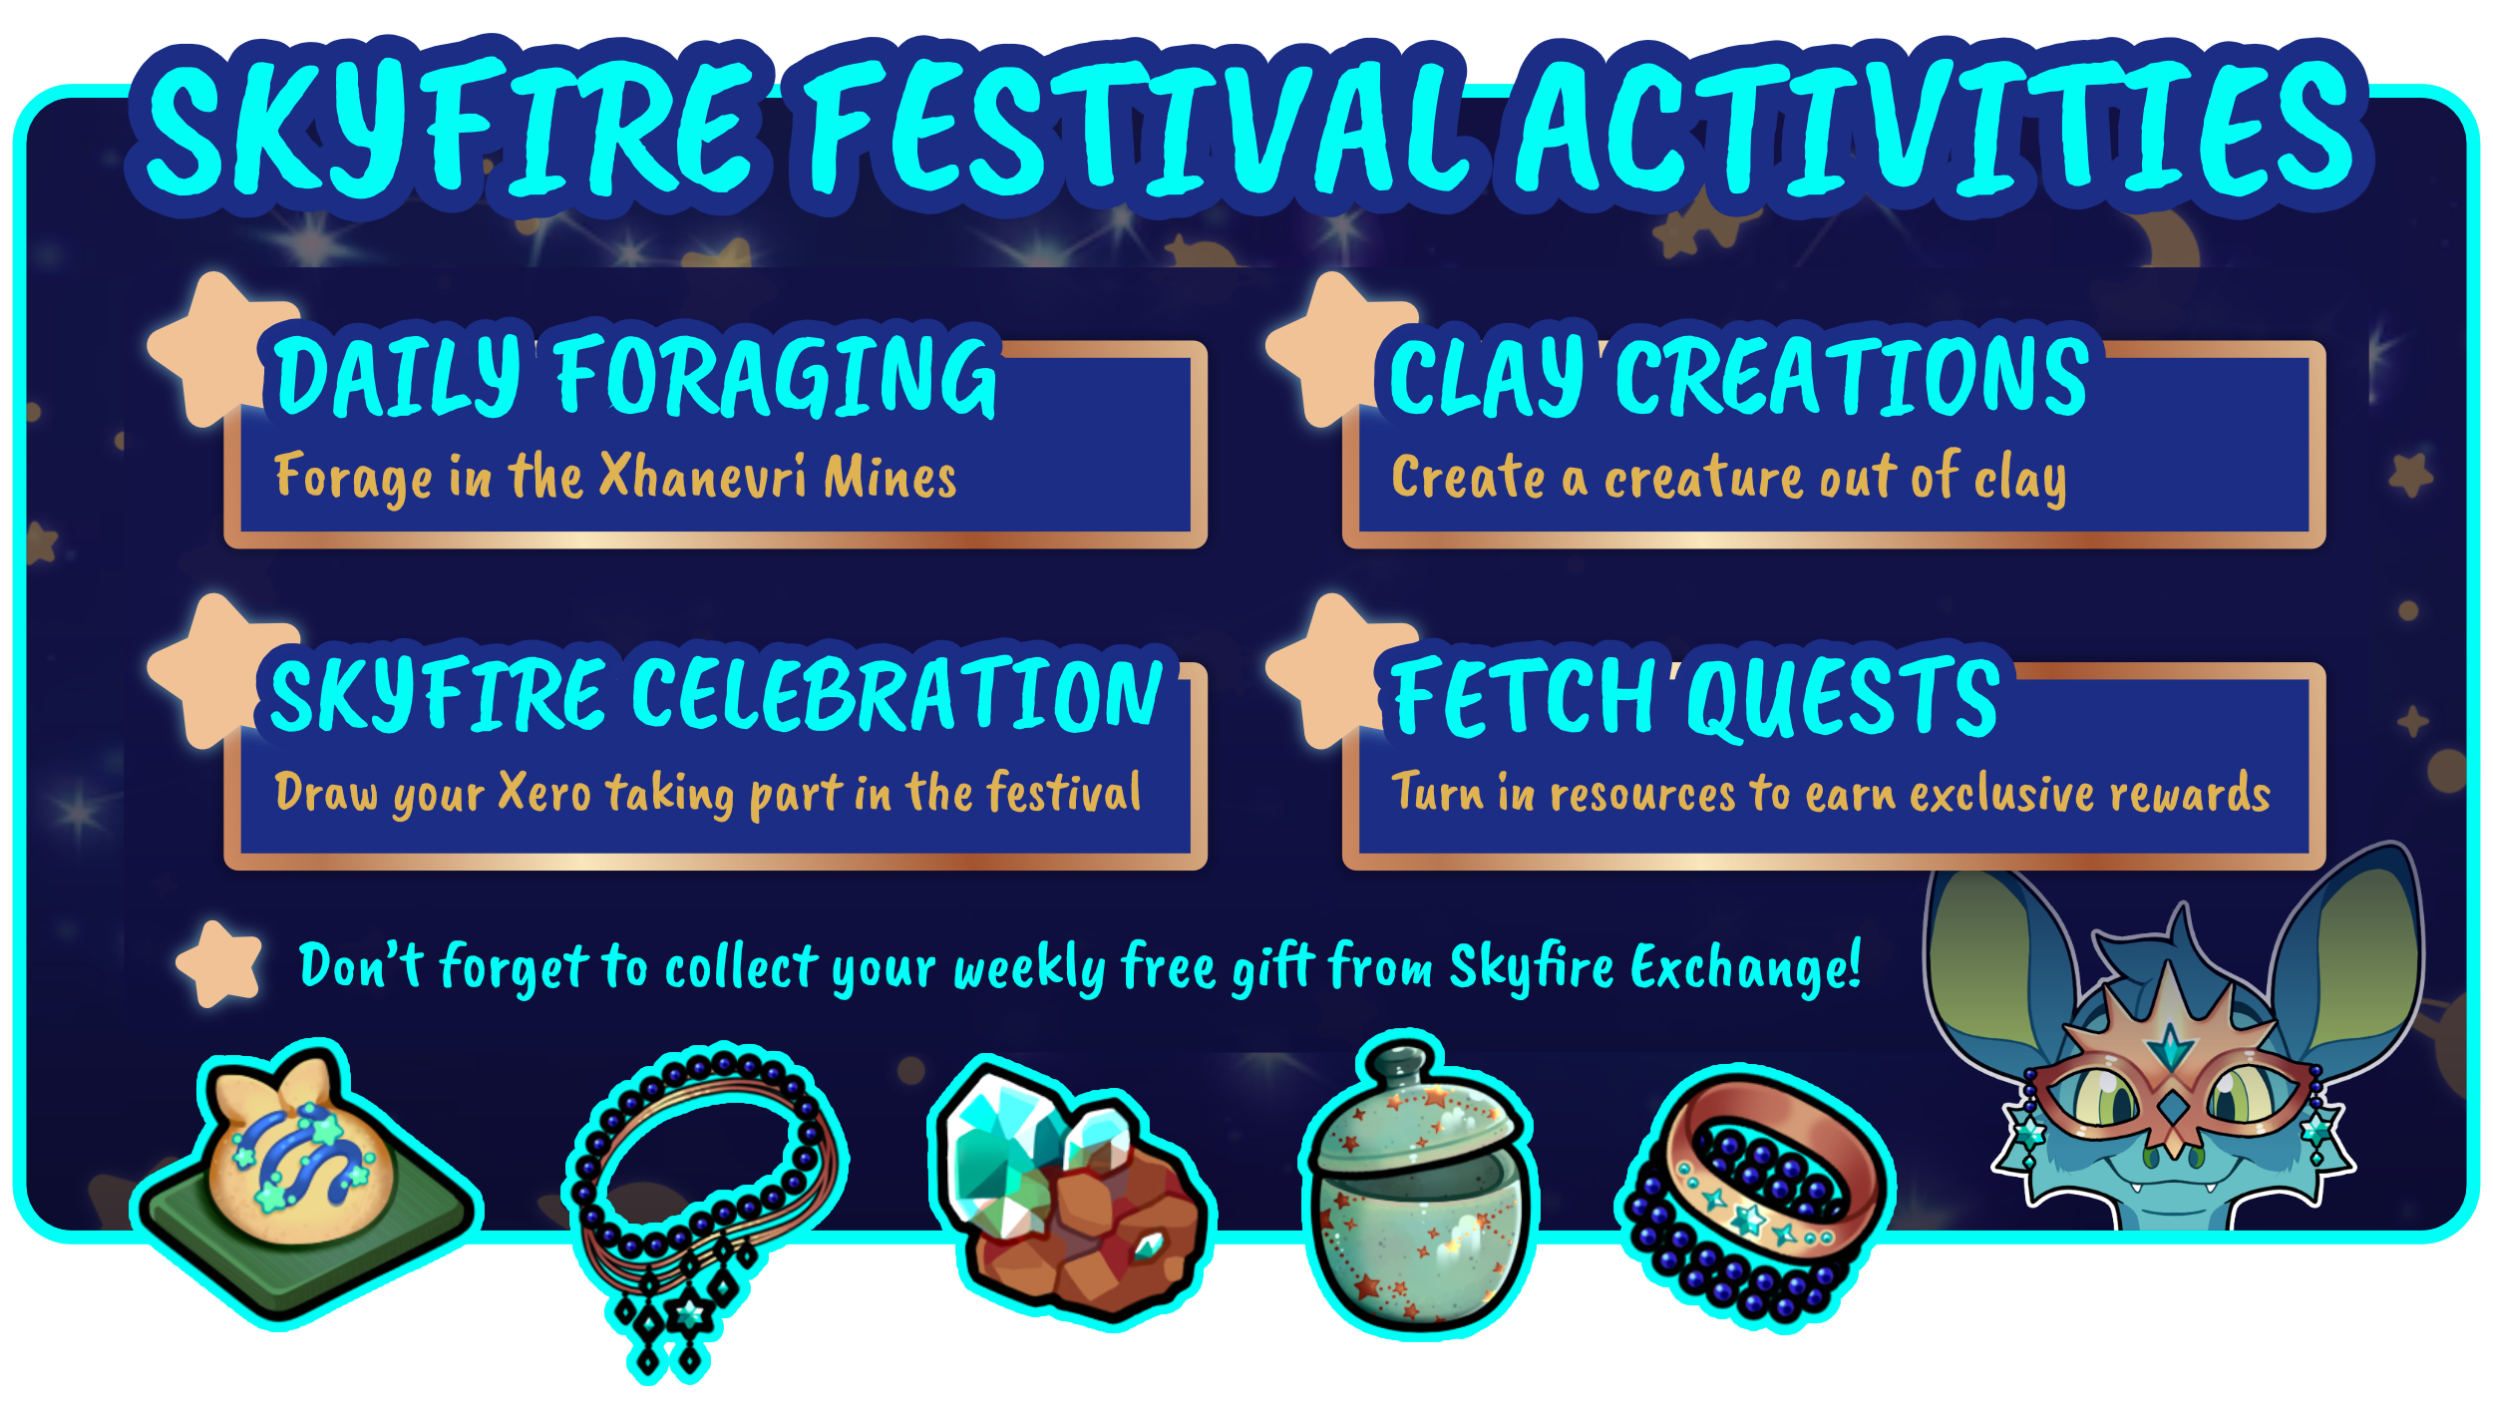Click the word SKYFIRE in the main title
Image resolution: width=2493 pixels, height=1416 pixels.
[x=449, y=127]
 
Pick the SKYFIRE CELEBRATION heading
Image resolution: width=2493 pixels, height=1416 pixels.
[x=716, y=694]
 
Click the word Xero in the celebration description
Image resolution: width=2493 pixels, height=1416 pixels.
[x=544, y=793]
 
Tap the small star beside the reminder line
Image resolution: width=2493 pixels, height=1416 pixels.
[x=219, y=963]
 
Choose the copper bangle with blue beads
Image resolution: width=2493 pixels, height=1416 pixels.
[x=1755, y=1197]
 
